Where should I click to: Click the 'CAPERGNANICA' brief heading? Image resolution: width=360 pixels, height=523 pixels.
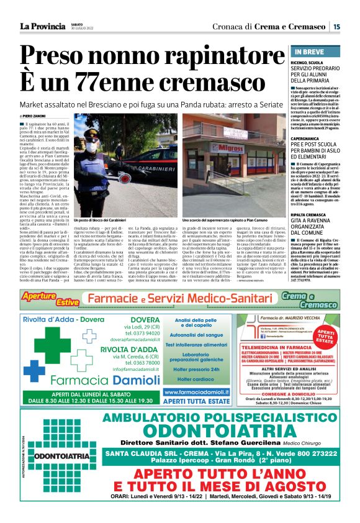click(x=312, y=139)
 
